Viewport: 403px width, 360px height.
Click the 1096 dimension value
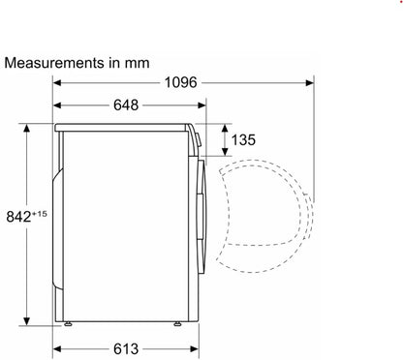click(180, 82)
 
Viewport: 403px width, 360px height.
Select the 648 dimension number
click(126, 105)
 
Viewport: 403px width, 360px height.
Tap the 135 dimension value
click(243, 140)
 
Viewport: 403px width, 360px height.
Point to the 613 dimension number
click(126, 349)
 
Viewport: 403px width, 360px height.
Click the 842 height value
click(18, 217)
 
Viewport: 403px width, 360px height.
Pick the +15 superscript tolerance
click(40, 214)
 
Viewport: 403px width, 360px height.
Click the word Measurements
click(55, 63)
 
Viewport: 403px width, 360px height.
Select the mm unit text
click(138, 64)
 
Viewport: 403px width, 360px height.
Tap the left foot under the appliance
click(68, 324)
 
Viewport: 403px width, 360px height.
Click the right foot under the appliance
click(177, 324)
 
